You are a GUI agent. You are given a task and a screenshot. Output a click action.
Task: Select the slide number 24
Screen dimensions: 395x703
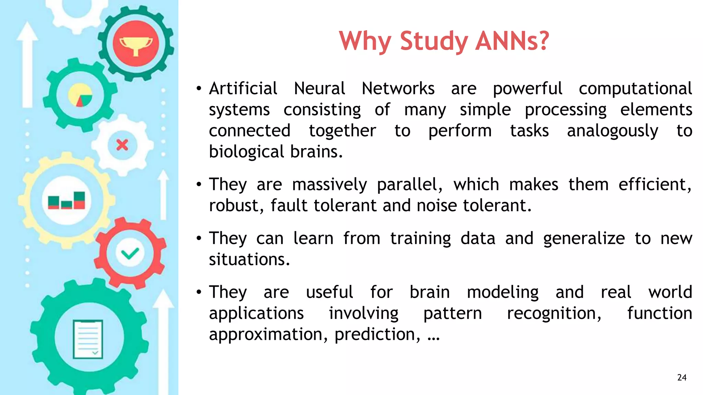coord(682,378)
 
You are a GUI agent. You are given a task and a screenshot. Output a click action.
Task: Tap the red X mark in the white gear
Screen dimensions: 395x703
coord(122,145)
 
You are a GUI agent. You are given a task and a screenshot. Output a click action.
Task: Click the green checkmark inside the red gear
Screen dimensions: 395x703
coord(130,253)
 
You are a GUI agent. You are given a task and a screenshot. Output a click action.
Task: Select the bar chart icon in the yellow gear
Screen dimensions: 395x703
coord(67,201)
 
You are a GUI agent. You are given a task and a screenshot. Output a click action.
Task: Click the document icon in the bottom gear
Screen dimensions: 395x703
coord(88,339)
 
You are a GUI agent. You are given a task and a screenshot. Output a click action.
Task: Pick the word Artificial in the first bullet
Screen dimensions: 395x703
coord(243,88)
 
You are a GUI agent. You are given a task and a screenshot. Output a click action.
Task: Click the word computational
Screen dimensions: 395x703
coord(635,88)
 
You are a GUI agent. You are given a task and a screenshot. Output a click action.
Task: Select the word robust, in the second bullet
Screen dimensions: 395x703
coord(237,206)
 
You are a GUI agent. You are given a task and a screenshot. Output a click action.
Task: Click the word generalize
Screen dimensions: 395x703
coord(584,239)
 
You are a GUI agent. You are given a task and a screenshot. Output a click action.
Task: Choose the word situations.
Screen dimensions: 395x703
coord(250,260)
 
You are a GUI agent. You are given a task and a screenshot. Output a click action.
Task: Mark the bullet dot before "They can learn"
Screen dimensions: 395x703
coord(199,238)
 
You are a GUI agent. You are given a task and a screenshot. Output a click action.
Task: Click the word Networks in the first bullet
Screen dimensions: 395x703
coord(398,88)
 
